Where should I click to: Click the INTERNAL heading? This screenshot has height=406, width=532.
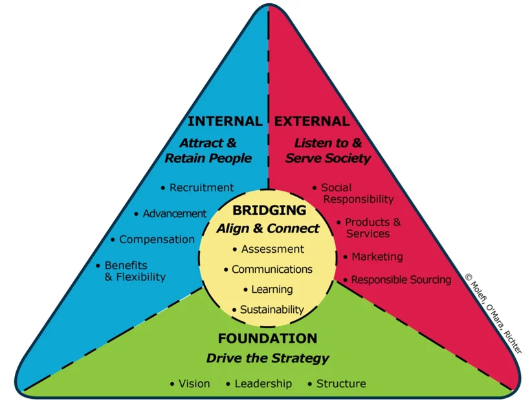[x=225, y=121]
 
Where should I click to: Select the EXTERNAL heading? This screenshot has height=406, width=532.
[x=312, y=121]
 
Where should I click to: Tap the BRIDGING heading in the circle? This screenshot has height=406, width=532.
[x=269, y=210]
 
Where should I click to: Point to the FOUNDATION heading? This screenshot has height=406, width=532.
[x=267, y=338]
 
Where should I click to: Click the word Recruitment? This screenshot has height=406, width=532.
[x=201, y=187]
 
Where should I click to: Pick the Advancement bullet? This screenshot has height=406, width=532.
[x=174, y=213]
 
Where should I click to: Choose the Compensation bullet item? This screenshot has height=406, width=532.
[x=157, y=239]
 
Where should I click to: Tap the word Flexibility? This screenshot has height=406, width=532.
[x=135, y=277]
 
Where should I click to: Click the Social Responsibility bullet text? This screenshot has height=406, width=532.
[x=357, y=193]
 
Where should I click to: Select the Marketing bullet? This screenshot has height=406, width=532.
[x=377, y=257]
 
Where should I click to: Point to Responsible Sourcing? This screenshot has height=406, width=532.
[x=401, y=280]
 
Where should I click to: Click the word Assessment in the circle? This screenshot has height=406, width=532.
[x=272, y=249]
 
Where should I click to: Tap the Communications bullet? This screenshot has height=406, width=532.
[x=272, y=269]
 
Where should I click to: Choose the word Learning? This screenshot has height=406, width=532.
[x=272, y=289]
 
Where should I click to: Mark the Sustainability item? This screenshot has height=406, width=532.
[x=272, y=310]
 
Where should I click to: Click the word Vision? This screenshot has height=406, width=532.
[x=194, y=383]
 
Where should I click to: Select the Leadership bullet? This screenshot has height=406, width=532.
[x=263, y=383]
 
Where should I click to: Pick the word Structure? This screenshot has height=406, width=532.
[x=341, y=383]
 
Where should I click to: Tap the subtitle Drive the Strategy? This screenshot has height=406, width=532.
[x=267, y=358]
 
